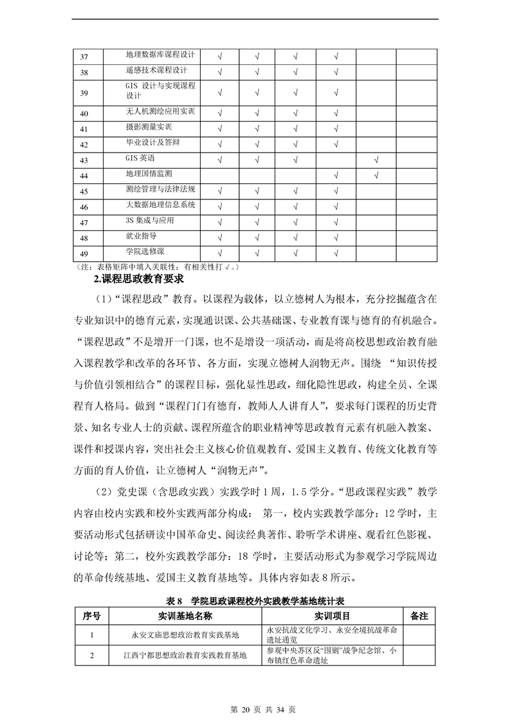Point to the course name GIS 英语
click(140, 158)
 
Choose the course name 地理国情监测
click(149, 174)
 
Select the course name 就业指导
click(140, 237)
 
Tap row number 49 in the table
click(84, 254)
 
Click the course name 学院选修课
click(145, 252)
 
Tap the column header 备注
click(419, 616)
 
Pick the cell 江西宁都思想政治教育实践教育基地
click(185, 656)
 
